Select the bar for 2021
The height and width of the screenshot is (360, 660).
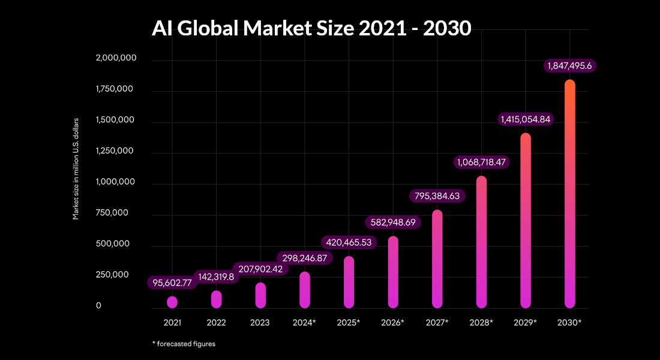pos(172,302)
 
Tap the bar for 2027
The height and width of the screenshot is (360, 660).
pos(437,259)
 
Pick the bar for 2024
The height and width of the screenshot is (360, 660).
pos(305,290)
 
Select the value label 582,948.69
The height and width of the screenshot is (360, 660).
pos(393,222)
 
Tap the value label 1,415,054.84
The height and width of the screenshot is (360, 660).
pos(526,119)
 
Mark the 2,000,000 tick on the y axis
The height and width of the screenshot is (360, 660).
pos(116,58)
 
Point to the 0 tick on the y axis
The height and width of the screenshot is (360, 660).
pos(99,306)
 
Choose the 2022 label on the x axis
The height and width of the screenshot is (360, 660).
pos(216,323)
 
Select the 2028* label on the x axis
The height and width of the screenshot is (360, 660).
pos(481,323)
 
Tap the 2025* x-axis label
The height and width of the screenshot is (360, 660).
pos(349,323)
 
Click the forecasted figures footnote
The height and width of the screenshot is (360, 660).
pos(184,344)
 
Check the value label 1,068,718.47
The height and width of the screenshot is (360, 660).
pos(481,162)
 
